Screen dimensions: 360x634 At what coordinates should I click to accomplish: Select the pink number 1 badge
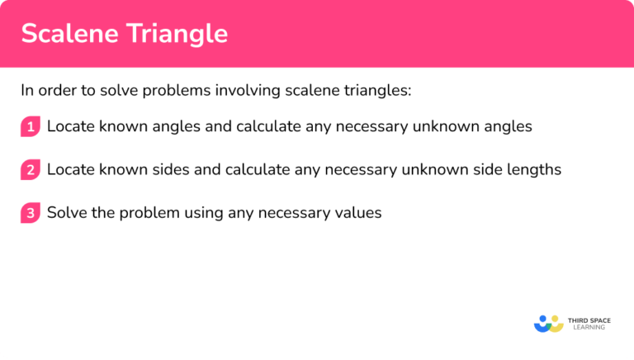coord(31,127)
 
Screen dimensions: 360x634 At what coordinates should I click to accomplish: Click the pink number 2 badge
coord(31,170)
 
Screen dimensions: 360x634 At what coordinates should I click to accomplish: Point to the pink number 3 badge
coord(31,213)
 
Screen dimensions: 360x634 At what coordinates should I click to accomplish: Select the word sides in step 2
coord(158,170)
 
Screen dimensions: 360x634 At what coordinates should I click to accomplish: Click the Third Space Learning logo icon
coord(548,323)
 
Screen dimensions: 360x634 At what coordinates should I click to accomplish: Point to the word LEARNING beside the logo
coord(587,328)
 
